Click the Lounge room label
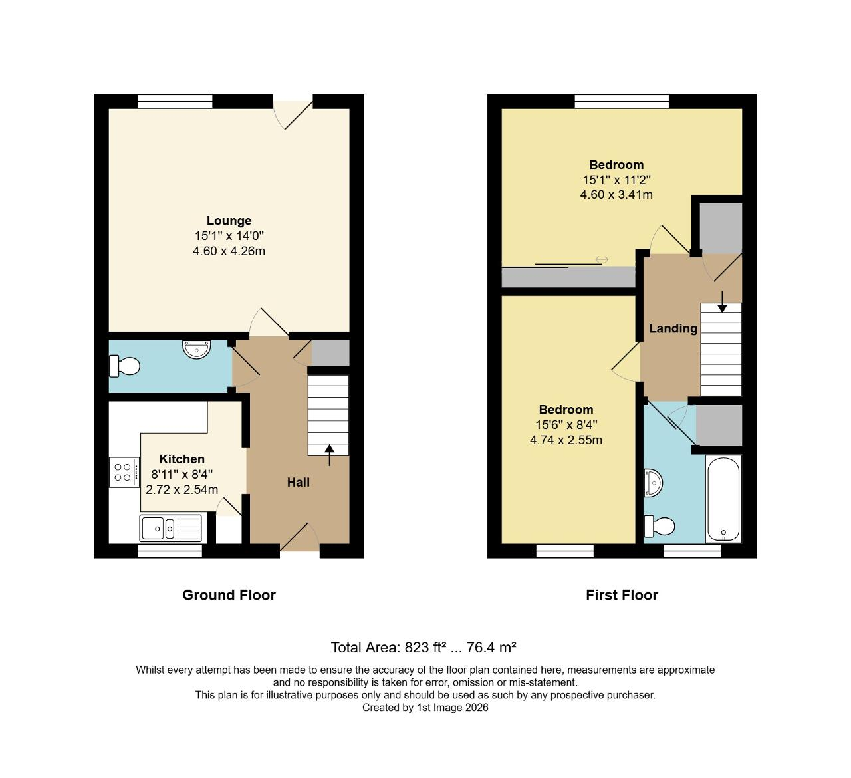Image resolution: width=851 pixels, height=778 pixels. pos(229,221)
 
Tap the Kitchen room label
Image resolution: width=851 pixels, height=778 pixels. pos(182,459)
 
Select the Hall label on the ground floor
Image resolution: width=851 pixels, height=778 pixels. pos(298,482)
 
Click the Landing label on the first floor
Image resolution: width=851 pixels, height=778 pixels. pos(673,328)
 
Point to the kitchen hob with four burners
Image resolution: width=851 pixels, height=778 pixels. pos(124,472)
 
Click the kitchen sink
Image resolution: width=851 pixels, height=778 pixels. pos(171,528)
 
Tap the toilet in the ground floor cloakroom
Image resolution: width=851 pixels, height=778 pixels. pos(125,366)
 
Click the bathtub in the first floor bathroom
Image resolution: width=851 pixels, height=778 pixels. pos(723,498)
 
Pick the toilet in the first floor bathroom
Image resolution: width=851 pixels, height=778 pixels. pos(660,527)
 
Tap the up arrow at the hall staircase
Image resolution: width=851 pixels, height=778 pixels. pos(329,455)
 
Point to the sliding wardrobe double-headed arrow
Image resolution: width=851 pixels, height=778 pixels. pos(602,259)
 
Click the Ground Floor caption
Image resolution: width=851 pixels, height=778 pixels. pos(229,595)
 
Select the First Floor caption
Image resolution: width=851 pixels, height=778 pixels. pos(622,595)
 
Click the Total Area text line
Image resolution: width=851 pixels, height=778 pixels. pos(424,647)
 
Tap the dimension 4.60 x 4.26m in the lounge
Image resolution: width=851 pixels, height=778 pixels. pos(229,251)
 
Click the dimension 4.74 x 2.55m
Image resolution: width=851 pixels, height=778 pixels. pos(566,440)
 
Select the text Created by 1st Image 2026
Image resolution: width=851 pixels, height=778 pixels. pos(425,708)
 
